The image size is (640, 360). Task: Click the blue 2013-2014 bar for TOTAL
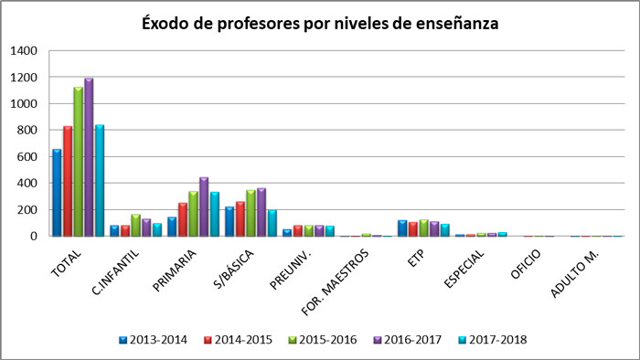58,193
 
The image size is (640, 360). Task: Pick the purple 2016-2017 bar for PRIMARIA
204,206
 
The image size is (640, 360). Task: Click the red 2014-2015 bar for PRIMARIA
183,219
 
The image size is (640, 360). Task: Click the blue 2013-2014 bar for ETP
402,228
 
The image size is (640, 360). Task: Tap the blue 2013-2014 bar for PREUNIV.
287,232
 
